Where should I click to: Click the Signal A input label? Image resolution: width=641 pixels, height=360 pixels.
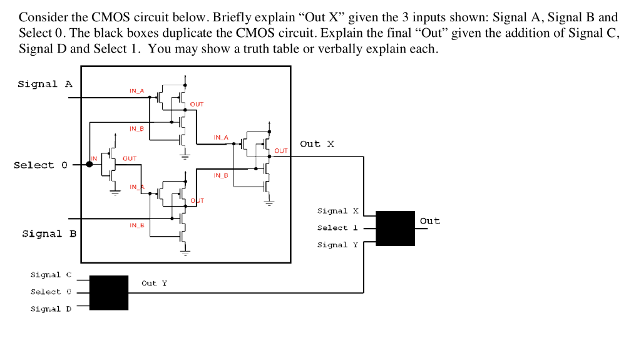tap(45, 84)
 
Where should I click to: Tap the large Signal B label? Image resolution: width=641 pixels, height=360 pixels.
tap(49, 234)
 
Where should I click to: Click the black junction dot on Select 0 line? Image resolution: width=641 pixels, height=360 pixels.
tap(90, 164)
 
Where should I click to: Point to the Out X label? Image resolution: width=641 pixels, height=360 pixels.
tap(317, 144)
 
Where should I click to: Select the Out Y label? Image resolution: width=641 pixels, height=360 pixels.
tap(154, 283)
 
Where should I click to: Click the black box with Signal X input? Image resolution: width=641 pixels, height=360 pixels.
tap(395, 228)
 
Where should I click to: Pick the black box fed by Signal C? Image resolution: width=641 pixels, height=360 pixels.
tap(109, 292)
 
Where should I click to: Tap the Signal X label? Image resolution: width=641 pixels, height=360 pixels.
tap(338, 211)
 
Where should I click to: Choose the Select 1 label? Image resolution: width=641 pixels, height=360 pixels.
tap(338, 228)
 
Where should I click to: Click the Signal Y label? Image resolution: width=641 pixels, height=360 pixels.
tap(338, 245)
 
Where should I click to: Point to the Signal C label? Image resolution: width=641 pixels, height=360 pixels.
tap(51, 275)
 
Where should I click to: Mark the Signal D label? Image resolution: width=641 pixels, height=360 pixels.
tap(51, 309)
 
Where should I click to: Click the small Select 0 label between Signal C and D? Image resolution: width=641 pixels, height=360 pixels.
tap(51, 292)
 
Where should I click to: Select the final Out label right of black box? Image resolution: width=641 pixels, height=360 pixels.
tap(430, 221)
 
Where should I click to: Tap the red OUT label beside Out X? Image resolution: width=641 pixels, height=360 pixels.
tap(281, 151)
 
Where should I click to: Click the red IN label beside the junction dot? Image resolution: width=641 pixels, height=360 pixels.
tap(95, 158)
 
